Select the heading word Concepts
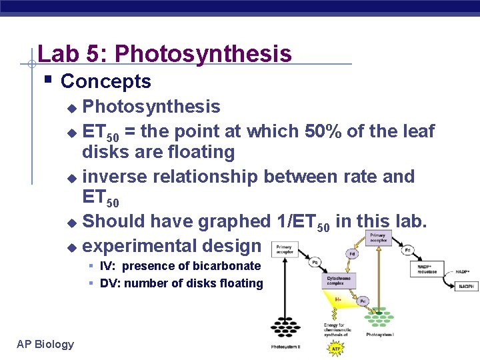[105, 81]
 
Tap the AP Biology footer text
[45, 344]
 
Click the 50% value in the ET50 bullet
[321, 131]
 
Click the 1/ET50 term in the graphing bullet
[293, 221]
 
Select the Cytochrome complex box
[340, 280]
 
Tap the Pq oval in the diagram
[313, 263]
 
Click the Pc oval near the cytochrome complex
[362, 301]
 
